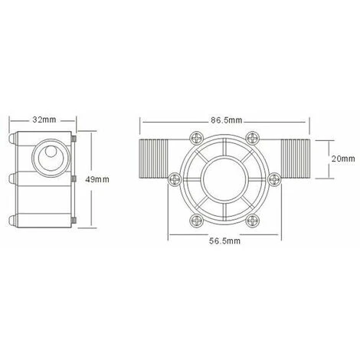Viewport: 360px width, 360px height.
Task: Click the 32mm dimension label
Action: click(44, 119)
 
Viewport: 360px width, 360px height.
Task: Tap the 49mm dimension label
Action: click(97, 179)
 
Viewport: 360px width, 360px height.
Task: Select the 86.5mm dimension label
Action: click(226, 120)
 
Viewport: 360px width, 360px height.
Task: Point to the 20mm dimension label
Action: click(343, 159)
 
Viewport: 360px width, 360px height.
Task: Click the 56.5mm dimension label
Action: click(224, 241)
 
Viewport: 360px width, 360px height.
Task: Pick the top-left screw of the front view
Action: click(197, 139)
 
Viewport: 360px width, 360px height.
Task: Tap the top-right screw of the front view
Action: click(253, 139)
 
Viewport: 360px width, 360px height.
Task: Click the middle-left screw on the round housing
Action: click(175, 179)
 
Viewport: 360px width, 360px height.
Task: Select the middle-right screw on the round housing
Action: click(274, 179)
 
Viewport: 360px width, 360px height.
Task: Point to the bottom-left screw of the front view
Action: click(197, 221)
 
